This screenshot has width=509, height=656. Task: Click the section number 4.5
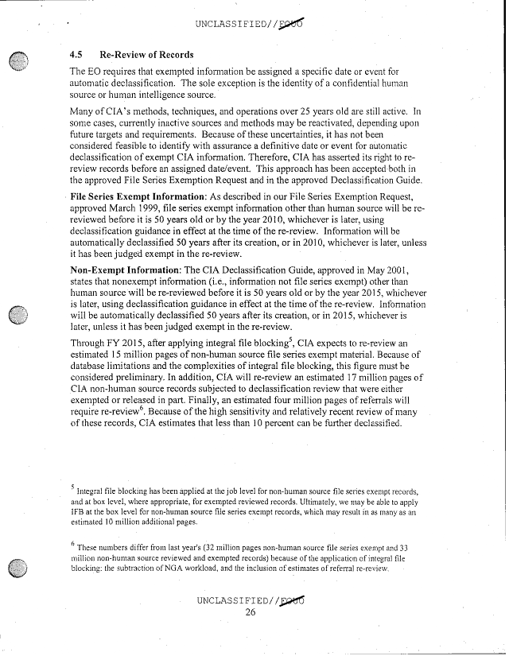pyautogui.click(x=76, y=56)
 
